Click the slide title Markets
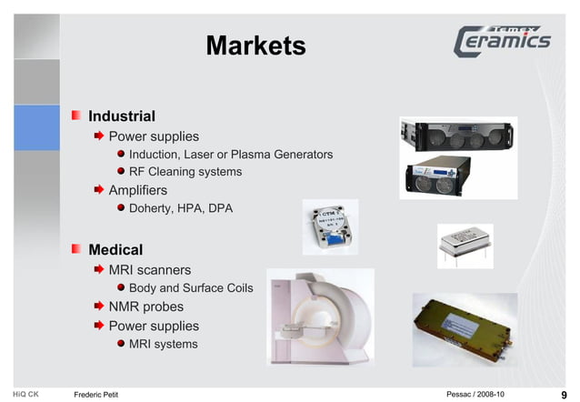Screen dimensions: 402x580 coord(255,45)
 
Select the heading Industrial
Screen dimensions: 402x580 coord(121,116)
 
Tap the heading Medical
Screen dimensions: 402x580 coord(115,249)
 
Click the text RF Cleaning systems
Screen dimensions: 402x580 coord(185,172)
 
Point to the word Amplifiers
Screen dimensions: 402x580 coord(137,190)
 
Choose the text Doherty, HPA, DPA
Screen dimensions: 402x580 coord(180,208)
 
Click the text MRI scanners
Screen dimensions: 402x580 coord(149,270)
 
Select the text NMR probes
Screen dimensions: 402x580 coord(145,307)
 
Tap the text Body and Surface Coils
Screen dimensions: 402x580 coord(190,288)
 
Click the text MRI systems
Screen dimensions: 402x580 coord(163,344)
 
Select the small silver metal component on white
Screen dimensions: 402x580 coord(464,243)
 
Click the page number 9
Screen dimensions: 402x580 coord(564,394)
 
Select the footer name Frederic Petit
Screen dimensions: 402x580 coord(95,394)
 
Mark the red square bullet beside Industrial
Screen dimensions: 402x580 coord(78,116)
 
